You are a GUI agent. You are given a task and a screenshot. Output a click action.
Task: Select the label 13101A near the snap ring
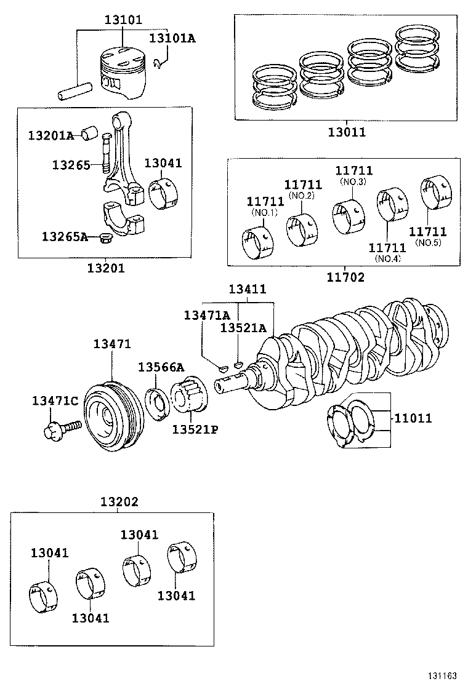tap(172, 39)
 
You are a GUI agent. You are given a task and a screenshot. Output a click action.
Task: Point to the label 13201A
tap(50, 135)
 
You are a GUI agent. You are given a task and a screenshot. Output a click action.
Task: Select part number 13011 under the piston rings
tap(346, 132)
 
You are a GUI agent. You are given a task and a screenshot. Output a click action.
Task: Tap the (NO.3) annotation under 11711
tap(353, 182)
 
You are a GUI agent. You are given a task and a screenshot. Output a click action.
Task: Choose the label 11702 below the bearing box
tap(345, 277)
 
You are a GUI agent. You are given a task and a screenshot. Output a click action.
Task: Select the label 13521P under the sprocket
tap(195, 429)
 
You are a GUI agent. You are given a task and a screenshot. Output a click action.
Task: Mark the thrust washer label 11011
tap(413, 418)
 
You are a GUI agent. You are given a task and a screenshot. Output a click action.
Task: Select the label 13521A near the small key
tap(243, 328)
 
